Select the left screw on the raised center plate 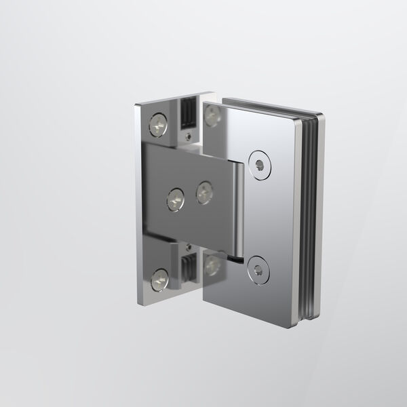[175, 197]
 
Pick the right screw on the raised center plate [204, 193]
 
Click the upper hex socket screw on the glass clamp [258, 163]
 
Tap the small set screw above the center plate [188, 135]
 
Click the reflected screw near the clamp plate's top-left [213, 115]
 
